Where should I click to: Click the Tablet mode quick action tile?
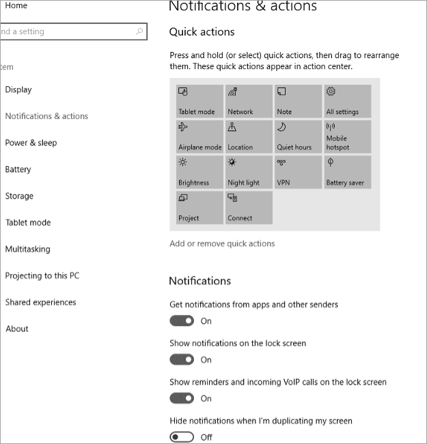[x=199, y=101]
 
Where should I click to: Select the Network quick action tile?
[x=249, y=101]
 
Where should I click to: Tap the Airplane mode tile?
[x=199, y=137]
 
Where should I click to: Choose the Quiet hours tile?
[x=298, y=137]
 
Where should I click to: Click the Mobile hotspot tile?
[x=347, y=137]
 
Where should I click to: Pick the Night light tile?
[x=249, y=172]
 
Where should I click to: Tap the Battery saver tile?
[x=347, y=172]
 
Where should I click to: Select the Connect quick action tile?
[x=249, y=208]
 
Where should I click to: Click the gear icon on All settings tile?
[x=331, y=92]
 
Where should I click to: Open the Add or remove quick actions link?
[x=222, y=244]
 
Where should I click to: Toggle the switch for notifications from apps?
[x=182, y=321]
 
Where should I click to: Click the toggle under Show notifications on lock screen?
[x=182, y=360]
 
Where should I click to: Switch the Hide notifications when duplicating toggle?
[x=182, y=437]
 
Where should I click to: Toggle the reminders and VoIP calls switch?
[x=182, y=398]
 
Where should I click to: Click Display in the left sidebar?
[x=18, y=89]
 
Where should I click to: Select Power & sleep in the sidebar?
[x=31, y=143]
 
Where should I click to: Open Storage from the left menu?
[x=19, y=196]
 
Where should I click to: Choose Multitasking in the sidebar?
[x=27, y=249]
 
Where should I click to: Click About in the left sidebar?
[x=17, y=329]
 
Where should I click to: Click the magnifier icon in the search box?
[x=139, y=31]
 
